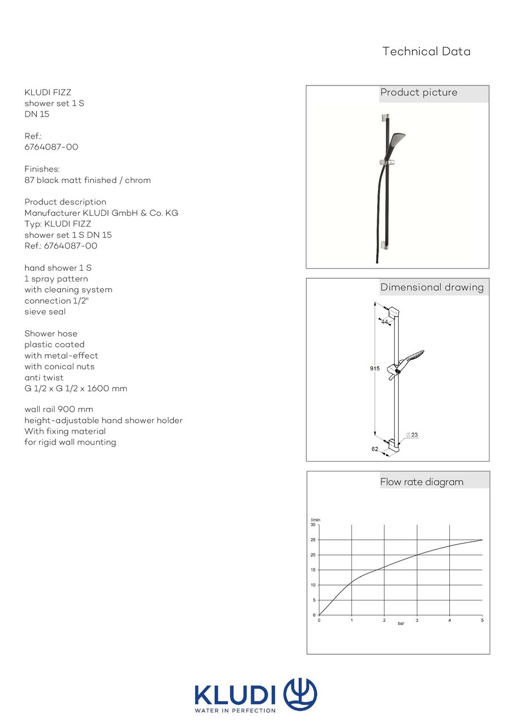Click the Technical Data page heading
426,52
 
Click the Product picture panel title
419,93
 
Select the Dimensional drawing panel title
432,287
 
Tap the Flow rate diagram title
421,482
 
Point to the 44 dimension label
385,322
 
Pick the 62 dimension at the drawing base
375,448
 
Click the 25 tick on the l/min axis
313,540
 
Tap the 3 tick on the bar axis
417,621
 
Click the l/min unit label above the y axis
315,519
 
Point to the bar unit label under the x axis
401,624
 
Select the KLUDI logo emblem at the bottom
300,694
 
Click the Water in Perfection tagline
235,710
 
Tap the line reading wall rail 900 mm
59,410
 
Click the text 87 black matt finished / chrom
88,181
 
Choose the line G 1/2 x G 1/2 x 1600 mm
76,389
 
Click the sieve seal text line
45,312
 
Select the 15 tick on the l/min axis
313,570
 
